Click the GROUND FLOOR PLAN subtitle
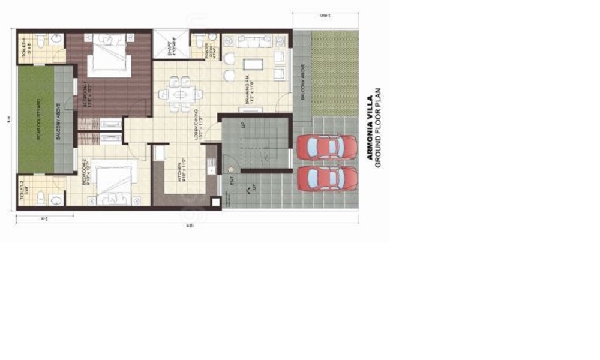pos(379,127)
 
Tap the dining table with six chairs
pos(181,95)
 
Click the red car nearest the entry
pos(327,178)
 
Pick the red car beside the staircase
pos(327,147)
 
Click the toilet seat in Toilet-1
pos(41,41)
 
